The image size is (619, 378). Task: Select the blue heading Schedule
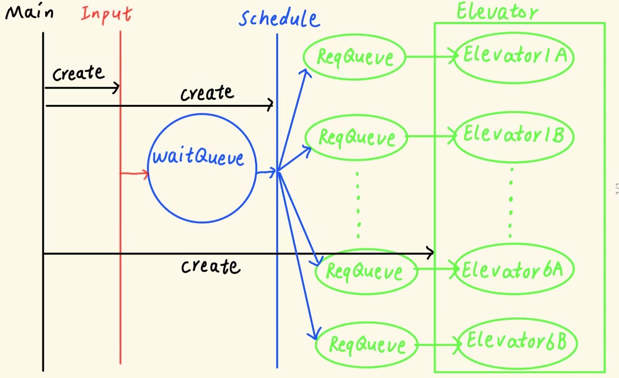click(279, 18)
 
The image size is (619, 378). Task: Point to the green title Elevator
click(497, 11)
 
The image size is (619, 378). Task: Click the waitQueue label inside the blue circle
click(198, 156)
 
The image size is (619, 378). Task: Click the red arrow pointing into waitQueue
click(134, 173)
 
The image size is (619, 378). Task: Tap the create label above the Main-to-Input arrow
click(79, 73)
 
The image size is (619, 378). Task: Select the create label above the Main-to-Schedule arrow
click(207, 93)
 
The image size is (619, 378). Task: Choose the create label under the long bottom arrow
click(211, 266)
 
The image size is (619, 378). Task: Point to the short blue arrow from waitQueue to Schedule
click(266, 172)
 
